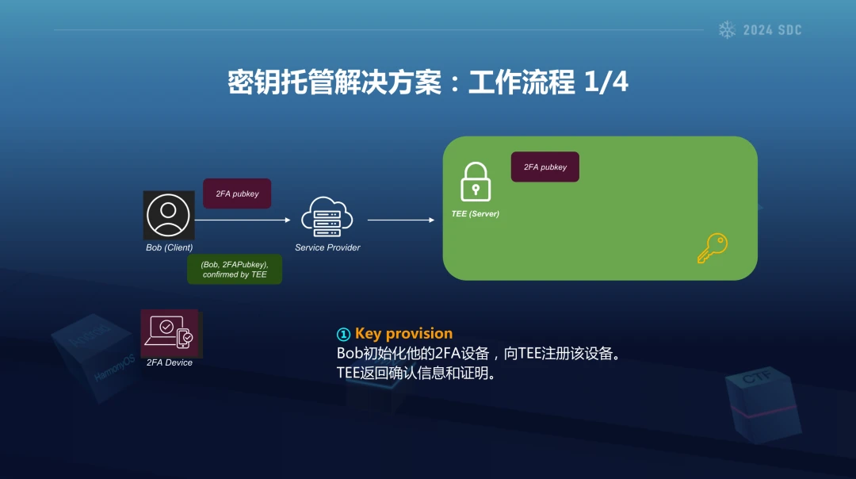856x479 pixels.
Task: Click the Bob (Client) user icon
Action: coord(169,215)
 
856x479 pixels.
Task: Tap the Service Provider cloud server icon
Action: coord(327,217)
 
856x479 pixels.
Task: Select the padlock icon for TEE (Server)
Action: coord(476,182)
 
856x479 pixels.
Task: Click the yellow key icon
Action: coord(713,248)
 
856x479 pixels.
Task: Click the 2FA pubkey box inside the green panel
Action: coord(545,167)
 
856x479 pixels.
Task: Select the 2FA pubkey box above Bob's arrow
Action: coord(237,194)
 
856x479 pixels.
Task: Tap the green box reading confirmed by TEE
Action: coord(235,270)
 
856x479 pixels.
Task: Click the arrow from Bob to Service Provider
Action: coord(243,220)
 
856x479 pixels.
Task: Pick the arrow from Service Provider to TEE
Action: coord(401,220)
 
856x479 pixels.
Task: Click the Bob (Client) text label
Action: coord(170,247)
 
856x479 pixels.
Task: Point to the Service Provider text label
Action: coord(327,247)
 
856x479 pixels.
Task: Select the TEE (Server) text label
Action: coord(476,213)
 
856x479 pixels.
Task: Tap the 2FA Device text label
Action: coord(170,362)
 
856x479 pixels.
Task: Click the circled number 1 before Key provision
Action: coord(343,334)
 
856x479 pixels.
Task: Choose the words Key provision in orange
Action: coord(404,333)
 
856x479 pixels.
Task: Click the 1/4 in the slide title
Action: coord(606,82)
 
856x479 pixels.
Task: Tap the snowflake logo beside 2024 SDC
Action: coord(727,29)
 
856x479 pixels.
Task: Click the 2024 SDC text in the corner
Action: coord(773,30)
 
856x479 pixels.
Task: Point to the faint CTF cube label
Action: coord(757,377)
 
